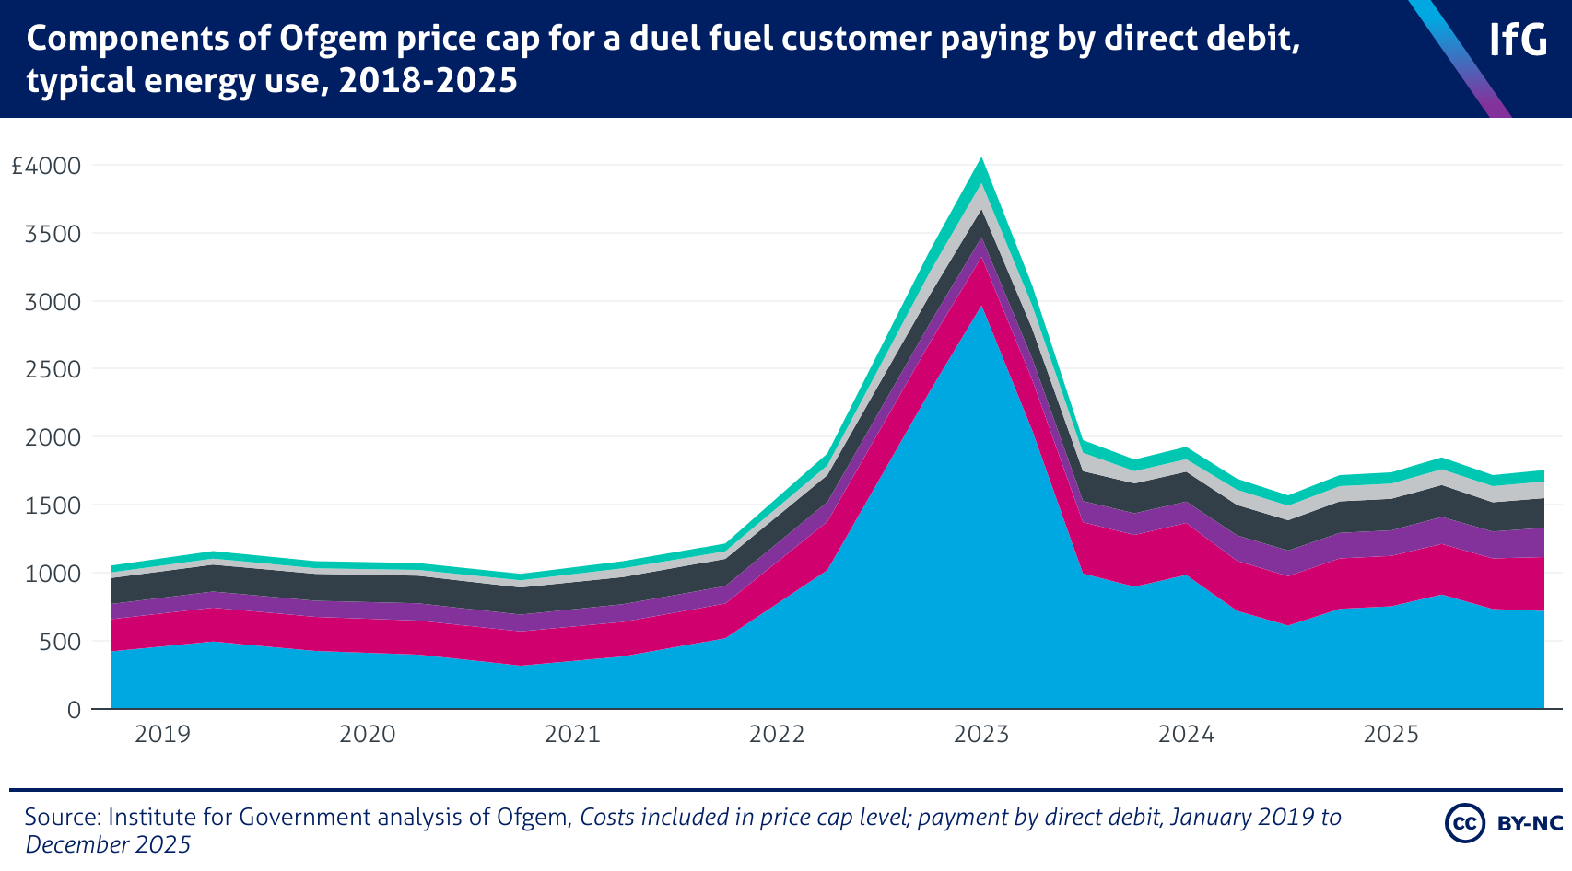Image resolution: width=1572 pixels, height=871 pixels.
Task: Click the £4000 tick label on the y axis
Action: click(46, 167)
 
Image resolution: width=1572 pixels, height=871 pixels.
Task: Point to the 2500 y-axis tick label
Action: click(53, 370)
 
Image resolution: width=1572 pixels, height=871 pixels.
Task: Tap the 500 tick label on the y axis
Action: click(61, 642)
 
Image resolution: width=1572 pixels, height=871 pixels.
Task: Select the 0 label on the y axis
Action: click(74, 710)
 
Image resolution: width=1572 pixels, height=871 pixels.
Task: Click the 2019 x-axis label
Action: click(162, 735)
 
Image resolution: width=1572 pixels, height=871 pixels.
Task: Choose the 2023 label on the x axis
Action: click(981, 735)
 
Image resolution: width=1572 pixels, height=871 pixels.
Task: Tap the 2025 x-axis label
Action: click(1391, 735)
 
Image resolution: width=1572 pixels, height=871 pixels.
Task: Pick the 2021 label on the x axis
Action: click(572, 735)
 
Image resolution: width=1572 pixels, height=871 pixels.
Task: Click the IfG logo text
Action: click(1518, 41)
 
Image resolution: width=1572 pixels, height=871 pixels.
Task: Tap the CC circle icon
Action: click(1464, 823)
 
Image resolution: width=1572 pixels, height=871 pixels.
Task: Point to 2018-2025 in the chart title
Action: click(428, 81)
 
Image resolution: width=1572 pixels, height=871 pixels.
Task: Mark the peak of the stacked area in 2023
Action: click(981, 160)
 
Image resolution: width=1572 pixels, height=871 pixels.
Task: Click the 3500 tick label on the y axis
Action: click(53, 234)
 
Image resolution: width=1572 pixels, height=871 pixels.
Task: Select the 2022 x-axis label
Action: click(777, 735)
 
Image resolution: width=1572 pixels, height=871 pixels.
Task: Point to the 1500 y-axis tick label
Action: click(53, 505)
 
